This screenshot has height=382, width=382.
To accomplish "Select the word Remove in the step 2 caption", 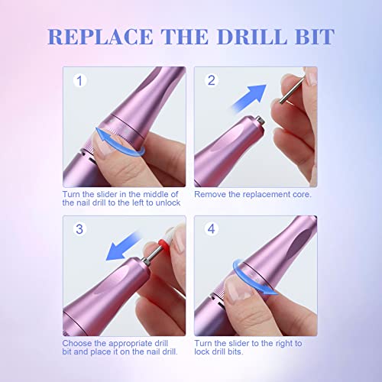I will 211,195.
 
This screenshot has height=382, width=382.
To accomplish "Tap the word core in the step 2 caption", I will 303,195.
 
